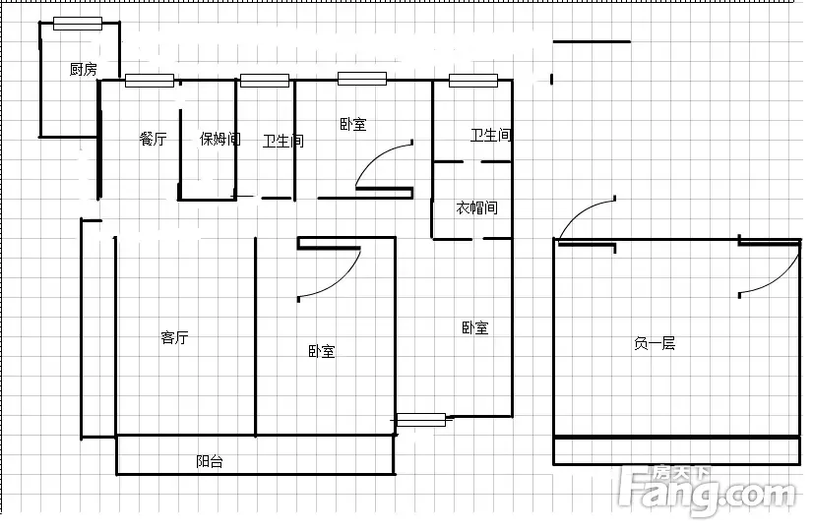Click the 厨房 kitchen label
pos(84,69)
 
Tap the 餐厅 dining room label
pos(153,139)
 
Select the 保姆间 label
pos(220,139)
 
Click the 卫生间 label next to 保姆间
pos(283,141)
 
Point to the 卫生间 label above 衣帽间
pos(491,135)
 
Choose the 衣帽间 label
pos(477,207)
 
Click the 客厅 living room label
pos(175,337)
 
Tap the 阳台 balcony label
pos(210,461)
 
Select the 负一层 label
pos(655,343)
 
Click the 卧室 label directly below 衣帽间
pos(475,327)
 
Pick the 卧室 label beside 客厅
pos(322,351)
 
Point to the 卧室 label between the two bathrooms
pos(353,124)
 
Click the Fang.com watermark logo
pos(708,491)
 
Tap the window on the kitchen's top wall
pos(78,24)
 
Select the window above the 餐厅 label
pos(150,81)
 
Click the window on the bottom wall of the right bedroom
pos(421,420)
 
